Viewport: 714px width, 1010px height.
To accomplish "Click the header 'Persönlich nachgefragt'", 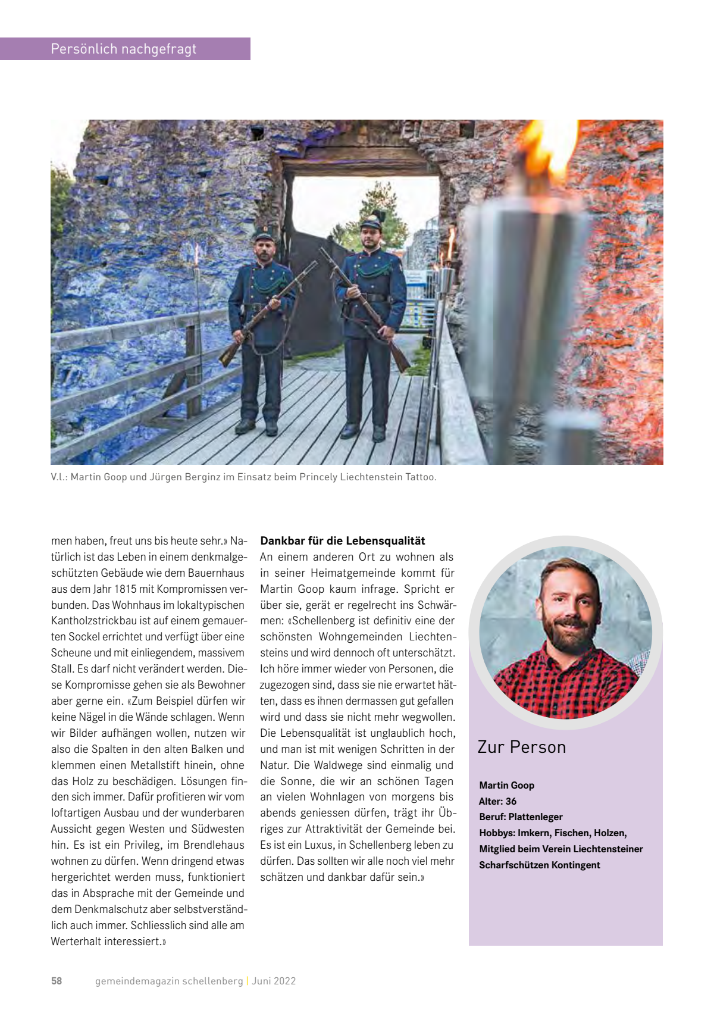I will [x=123, y=49].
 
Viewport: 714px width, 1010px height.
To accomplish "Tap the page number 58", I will [x=57, y=981].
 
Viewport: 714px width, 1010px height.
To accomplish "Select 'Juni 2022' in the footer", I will [x=274, y=981].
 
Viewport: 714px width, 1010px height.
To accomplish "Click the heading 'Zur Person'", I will [x=521, y=747].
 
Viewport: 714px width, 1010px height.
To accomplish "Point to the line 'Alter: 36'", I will [x=497, y=801].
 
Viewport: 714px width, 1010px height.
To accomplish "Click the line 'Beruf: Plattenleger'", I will [x=521, y=817].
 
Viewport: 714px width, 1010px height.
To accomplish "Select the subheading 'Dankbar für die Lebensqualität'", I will [x=343, y=540].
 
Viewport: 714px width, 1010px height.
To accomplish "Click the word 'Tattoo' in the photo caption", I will [x=420, y=477].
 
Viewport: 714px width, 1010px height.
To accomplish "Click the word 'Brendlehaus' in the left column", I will [x=214, y=845].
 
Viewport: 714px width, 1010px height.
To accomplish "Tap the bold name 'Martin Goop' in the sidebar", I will [x=506, y=785].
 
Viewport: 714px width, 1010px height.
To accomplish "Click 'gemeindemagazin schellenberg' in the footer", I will [x=169, y=981].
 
